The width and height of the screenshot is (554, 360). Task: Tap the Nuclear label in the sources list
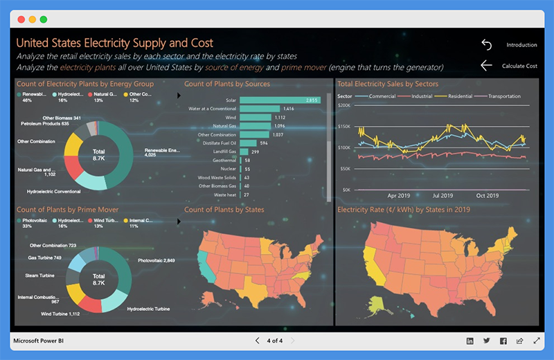coord(228,169)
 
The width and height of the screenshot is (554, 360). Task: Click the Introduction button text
coord(521,45)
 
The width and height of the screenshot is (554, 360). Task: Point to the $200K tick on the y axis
coord(344,105)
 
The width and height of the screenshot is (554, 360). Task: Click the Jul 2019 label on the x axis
coord(443,196)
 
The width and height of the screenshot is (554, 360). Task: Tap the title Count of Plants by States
coord(224,210)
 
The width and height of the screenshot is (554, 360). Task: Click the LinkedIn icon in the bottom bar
coord(470,341)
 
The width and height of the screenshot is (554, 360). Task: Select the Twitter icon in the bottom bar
coord(487,341)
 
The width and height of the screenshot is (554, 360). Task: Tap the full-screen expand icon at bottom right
coord(537,341)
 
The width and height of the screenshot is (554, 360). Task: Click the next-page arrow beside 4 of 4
coord(293,341)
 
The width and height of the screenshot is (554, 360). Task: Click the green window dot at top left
coord(44,19)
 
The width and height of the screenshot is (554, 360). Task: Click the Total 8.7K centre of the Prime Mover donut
coord(98,279)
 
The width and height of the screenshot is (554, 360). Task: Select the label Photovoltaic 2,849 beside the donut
coord(157,260)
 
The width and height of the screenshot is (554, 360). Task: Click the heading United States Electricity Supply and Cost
coord(114,43)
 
